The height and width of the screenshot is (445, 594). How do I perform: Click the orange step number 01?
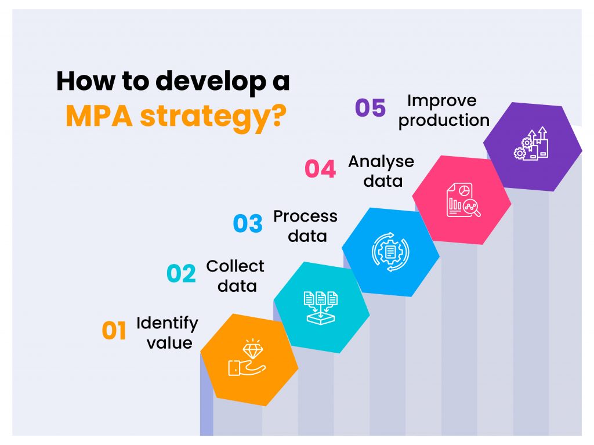[114, 331]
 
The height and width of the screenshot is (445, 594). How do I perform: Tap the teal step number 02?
[181, 274]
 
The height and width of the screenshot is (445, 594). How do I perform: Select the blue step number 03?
[248, 224]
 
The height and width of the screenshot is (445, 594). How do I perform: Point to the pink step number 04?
[320, 169]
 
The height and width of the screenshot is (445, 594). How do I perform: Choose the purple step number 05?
[370, 108]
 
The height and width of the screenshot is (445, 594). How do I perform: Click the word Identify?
[167, 323]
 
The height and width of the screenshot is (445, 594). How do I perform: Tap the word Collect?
[235, 266]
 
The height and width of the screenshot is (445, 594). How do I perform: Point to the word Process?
[305, 217]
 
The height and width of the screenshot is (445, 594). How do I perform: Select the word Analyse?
[381, 162]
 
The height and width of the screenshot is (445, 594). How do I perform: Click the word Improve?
[441, 101]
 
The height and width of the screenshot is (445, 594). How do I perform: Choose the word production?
[444, 121]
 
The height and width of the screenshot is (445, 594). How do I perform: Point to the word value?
[169, 343]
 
